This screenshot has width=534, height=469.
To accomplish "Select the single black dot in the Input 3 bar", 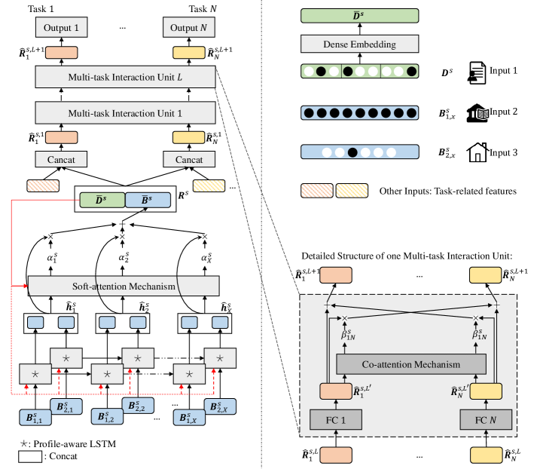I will (352, 152).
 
